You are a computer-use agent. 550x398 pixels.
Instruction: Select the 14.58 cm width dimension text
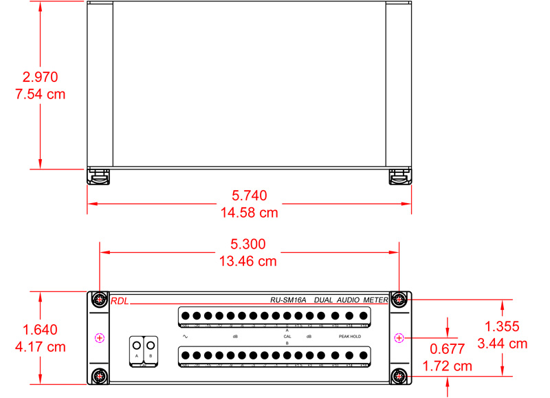tap(249, 213)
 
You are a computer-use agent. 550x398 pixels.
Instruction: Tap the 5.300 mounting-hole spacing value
tap(249, 244)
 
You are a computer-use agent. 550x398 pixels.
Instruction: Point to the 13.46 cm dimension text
tap(249, 261)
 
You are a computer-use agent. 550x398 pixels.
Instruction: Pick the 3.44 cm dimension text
tap(506, 343)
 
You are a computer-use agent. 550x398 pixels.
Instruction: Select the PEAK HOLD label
tap(349, 336)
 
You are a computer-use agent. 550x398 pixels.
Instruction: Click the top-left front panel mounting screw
tap(100, 300)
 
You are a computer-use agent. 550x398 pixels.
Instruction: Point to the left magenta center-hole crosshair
tap(100, 337)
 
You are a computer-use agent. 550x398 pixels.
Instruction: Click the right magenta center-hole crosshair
tap(398, 337)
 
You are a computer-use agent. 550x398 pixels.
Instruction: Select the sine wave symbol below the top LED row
tap(185, 336)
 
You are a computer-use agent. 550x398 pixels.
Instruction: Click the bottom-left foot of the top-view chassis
tap(98, 177)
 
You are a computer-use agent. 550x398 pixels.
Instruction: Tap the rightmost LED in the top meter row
tap(364, 316)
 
